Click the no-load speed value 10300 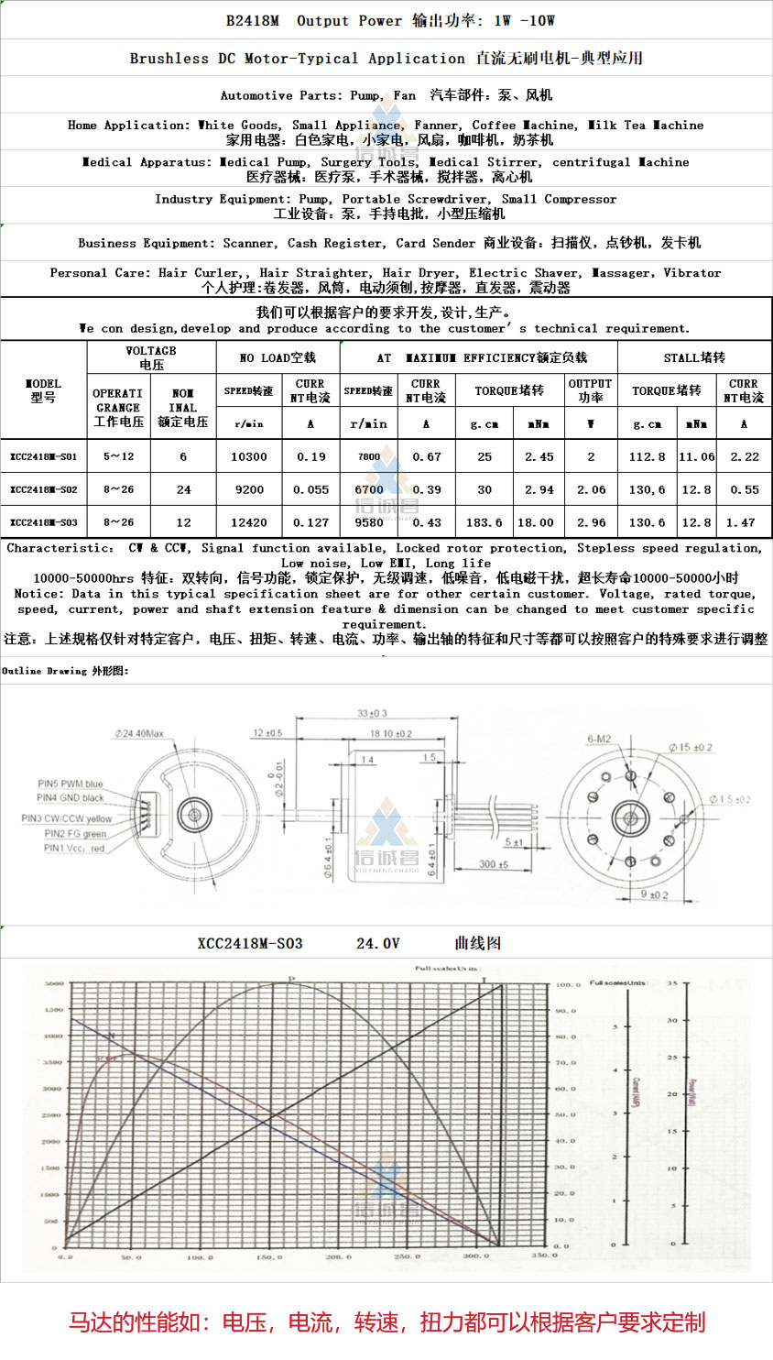coord(248,456)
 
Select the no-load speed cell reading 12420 coord(248,522)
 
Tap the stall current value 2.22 coord(744,456)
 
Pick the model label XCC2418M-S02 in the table coord(43,489)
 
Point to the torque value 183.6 coord(484,522)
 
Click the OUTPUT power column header coord(590,390)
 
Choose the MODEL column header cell coord(43,390)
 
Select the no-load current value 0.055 coord(310,489)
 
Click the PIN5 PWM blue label coord(70,784)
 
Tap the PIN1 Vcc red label coord(74,849)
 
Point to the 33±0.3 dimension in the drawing coord(372,713)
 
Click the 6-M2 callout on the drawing coord(599,740)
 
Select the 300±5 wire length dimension coord(493,864)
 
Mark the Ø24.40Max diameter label coord(139,734)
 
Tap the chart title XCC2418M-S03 coord(250,943)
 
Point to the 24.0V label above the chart coord(377,943)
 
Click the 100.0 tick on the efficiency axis coord(568,985)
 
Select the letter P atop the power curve coord(292,980)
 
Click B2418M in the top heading coord(253,20)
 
